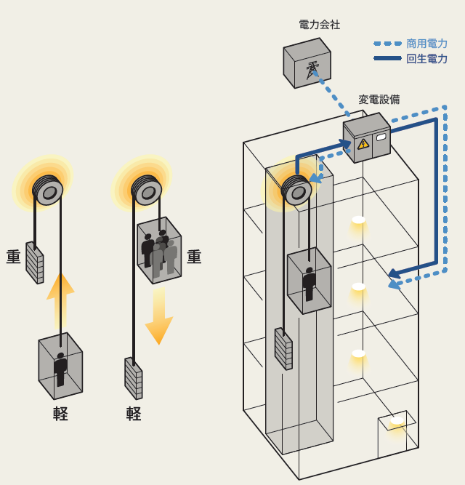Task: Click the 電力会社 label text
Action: [x=319, y=25]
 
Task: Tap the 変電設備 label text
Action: [x=379, y=100]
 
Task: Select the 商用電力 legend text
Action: [x=426, y=44]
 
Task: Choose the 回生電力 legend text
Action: [x=426, y=59]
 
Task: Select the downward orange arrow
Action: [x=158, y=314]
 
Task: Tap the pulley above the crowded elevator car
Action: [x=147, y=191]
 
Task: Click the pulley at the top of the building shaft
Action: [x=296, y=191]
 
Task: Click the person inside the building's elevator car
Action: [x=310, y=284]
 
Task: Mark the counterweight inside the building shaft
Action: [x=283, y=348]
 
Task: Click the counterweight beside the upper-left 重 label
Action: [x=34, y=262]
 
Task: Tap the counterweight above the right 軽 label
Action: [x=133, y=377]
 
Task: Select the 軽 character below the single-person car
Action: [x=60, y=414]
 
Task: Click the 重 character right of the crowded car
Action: [x=194, y=257]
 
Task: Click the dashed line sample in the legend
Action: [x=387, y=44]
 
